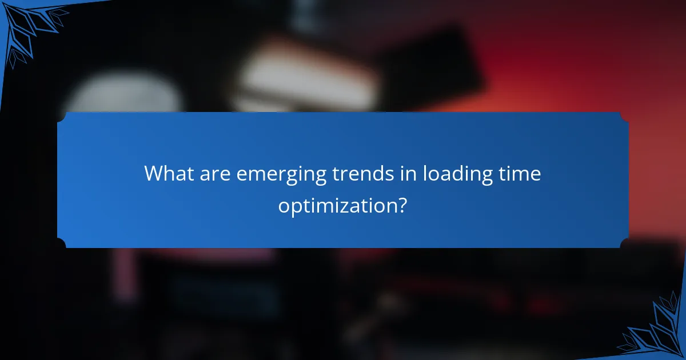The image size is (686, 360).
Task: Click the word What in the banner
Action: tap(169, 174)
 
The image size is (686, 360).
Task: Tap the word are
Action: tap(216, 174)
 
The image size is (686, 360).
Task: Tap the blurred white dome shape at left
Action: tap(123, 94)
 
